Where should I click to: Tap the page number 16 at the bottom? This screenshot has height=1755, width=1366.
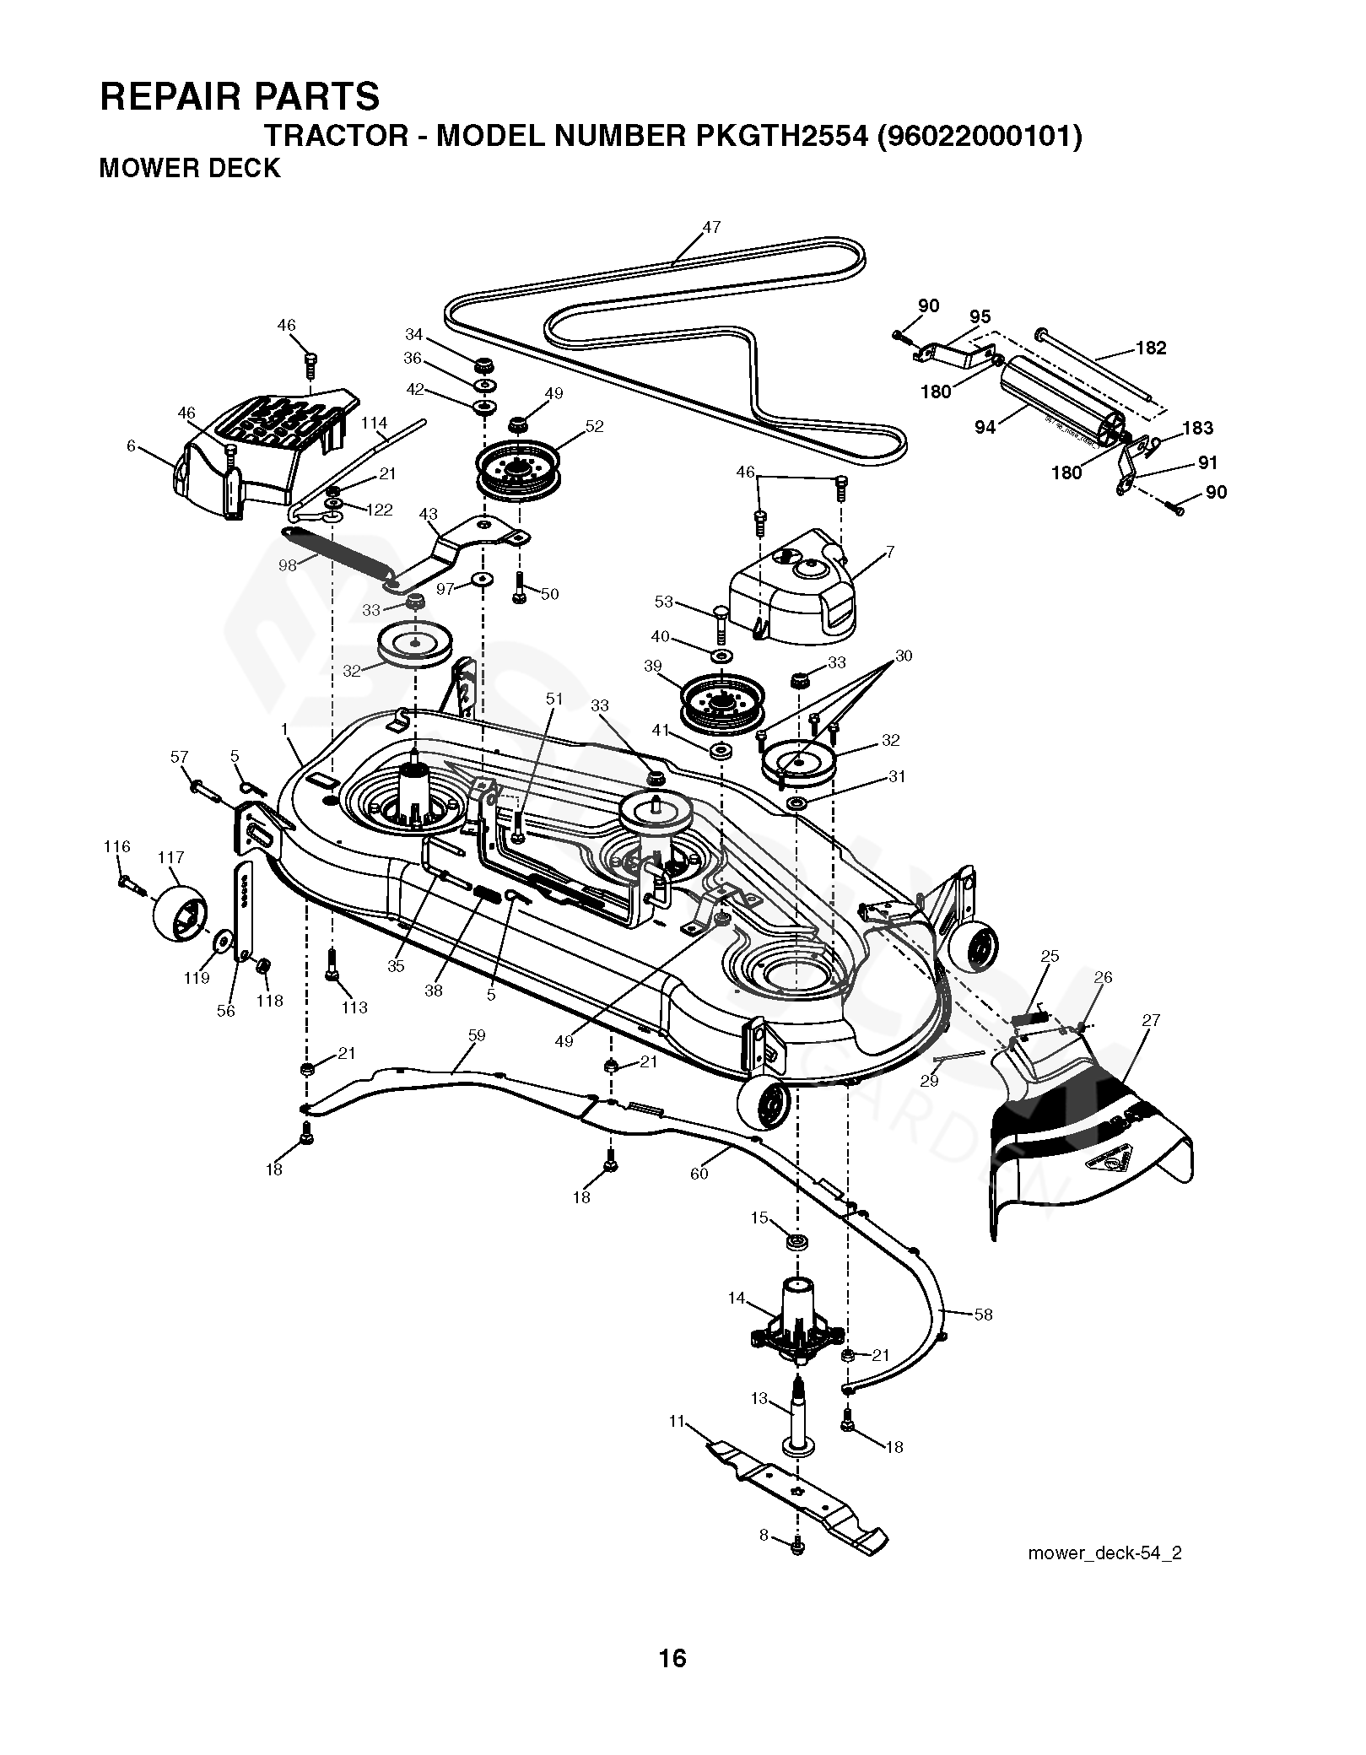(673, 1682)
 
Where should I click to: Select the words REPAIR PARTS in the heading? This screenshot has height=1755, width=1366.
(240, 96)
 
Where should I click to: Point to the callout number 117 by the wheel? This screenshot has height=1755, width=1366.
(170, 857)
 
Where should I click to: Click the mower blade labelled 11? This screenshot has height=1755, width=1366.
(793, 1498)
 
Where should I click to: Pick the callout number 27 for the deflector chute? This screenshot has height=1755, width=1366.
(1151, 1020)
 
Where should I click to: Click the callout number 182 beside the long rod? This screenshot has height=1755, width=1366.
(1151, 348)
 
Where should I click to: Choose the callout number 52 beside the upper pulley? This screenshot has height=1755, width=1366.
(594, 426)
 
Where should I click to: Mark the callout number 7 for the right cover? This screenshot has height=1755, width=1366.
(889, 552)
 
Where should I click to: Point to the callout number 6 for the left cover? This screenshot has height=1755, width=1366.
(131, 445)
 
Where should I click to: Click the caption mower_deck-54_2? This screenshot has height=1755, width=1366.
(1104, 1576)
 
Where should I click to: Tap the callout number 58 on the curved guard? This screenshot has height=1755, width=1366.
(983, 1314)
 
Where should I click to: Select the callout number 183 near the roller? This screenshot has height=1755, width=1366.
(1197, 428)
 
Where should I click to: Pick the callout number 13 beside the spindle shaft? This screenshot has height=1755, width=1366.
(759, 1398)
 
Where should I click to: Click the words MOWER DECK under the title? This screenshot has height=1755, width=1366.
(189, 169)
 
